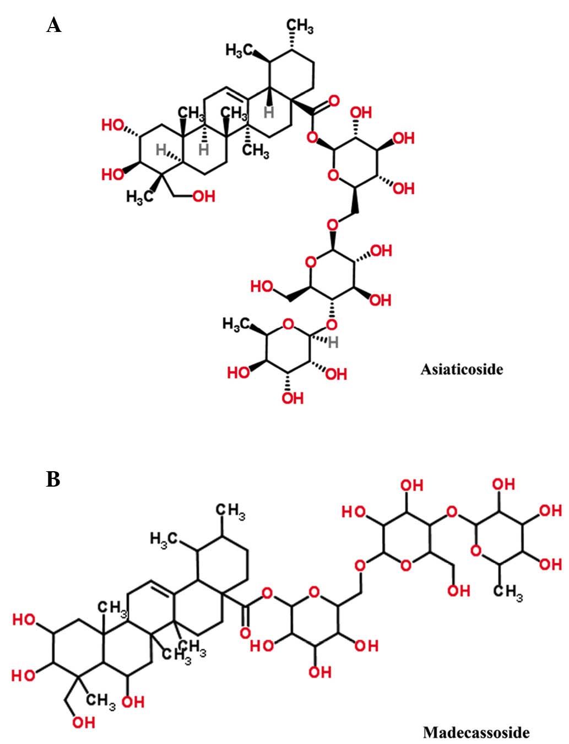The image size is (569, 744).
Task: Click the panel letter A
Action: pyautogui.click(x=53, y=25)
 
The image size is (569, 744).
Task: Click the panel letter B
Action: pyautogui.click(x=53, y=479)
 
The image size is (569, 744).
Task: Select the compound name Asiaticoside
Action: pyautogui.click(x=462, y=369)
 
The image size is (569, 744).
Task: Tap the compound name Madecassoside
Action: pyautogui.click(x=476, y=732)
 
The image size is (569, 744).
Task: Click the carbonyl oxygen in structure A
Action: pyautogui.click(x=333, y=101)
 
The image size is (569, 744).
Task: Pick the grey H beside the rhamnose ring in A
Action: pyautogui.click(x=333, y=343)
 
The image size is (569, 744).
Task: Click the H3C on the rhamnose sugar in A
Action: pyautogui.click(x=236, y=324)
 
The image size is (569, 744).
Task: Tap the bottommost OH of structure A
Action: pyautogui.click(x=292, y=398)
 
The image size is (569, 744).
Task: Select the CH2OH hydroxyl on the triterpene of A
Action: pyautogui.click(x=204, y=196)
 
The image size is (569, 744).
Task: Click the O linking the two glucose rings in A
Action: pyautogui.click(x=332, y=225)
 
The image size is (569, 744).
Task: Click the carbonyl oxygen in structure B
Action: pyautogui.click(x=245, y=633)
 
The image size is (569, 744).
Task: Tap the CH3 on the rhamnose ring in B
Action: pyautogui.click(x=507, y=593)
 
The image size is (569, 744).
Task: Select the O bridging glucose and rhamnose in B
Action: pyautogui.click(x=452, y=513)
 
